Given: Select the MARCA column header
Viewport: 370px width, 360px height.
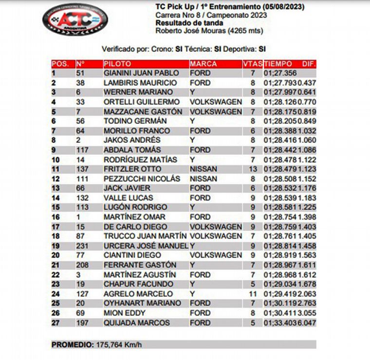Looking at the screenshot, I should pyautogui.click(x=203, y=64).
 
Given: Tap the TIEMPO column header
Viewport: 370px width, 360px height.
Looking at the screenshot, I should pyautogui.click(x=278, y=64).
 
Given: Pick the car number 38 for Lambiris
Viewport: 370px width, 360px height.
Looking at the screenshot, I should pyautogui.click(x=81, y=83).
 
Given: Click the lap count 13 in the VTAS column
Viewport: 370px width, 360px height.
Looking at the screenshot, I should pyautogui.click(x=253, y=169).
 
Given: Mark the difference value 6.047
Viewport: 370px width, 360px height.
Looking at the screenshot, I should pyautogui.click(x=307, y=323).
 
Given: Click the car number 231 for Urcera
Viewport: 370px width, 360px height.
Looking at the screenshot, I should pyautogui.click(x=83, y=246).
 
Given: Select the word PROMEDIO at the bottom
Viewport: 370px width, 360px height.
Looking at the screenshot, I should pyautogui.click(x=73, y=345).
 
